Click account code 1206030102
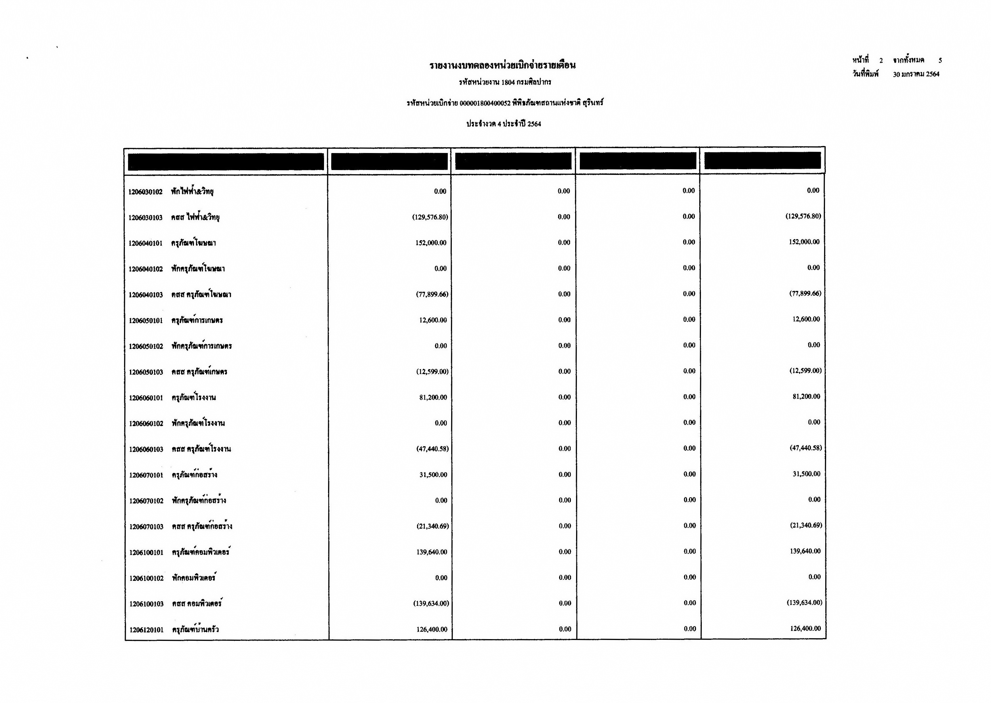146,192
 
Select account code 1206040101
146,243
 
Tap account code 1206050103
146,372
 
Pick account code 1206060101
146,398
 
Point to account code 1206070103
146,527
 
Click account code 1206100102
146,578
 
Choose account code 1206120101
146,630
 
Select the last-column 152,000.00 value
804,242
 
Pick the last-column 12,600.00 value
806,319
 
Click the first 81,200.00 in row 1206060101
433,398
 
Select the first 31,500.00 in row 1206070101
433,475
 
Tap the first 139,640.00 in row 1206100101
432,552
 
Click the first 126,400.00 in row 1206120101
432,629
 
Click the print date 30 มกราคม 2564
916,74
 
